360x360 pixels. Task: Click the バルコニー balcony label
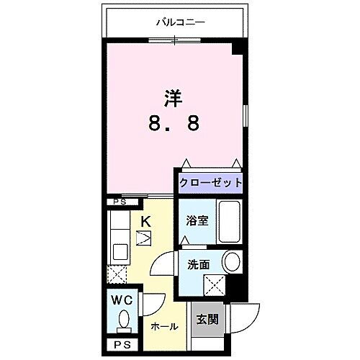[x=181, y=22]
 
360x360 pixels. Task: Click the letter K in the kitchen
[x=144, y=221]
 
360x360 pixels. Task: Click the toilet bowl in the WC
[x=122, y=318]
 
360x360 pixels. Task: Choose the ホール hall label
[x=163, y=326]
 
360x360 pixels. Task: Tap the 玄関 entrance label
[x=207, y=318]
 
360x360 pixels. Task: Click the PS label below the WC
[x=120, y=346]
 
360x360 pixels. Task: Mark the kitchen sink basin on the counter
[x=120, y=252]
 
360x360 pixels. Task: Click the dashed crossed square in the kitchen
[x=117, y=274]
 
